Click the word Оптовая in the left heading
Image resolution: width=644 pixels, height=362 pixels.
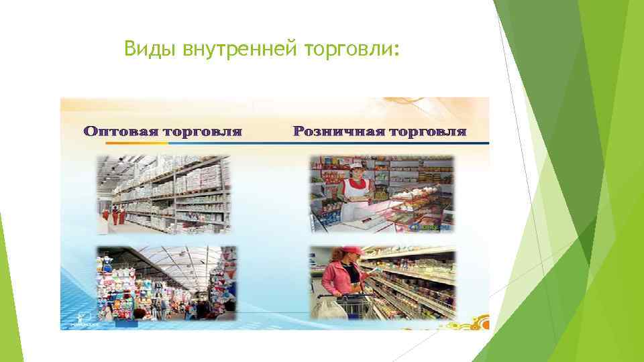pos(122,131)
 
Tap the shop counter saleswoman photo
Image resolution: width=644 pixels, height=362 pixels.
pos(381,194)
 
